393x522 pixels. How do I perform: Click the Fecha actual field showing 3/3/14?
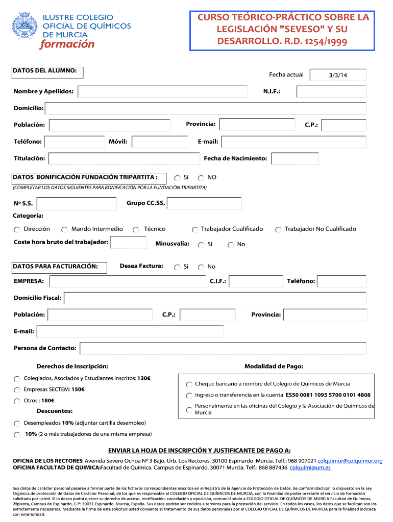click(338, 75)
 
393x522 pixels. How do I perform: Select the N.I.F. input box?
click(331, 92)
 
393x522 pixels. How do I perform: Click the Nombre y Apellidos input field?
click(164, 92)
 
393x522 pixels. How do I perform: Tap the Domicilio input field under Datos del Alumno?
click(206, 109)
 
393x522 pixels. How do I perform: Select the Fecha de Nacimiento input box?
click(295, 159)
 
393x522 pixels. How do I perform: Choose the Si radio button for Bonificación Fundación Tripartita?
click(177, 178)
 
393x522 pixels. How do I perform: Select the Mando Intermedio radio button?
click(65, 230)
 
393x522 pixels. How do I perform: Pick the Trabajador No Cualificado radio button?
click(278, 230)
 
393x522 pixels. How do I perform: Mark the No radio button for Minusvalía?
click(231, 245)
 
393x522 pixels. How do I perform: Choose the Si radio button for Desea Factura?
click(177, 267)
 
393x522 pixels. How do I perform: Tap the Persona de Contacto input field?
click(223, 348)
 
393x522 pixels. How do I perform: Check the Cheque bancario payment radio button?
click(189, 384)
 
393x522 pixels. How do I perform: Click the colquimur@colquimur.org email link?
click(350, 461)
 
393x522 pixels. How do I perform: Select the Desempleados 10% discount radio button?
click(17, 424)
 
